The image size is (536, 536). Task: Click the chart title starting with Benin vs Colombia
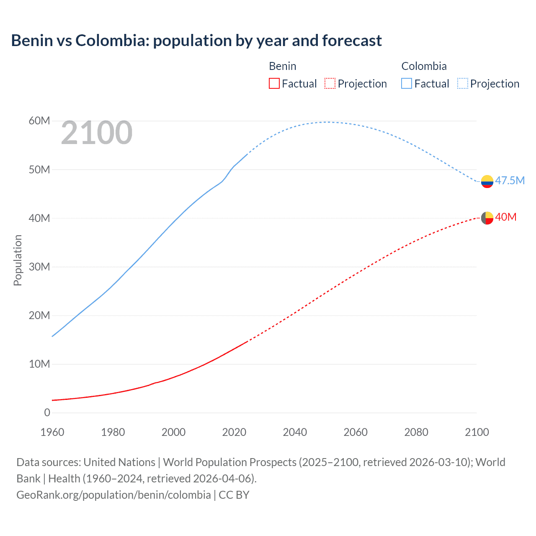196,41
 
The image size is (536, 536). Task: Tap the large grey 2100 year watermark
97,133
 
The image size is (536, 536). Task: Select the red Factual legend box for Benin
274,84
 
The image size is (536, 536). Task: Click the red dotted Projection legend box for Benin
330,84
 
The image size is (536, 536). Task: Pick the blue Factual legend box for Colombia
406,84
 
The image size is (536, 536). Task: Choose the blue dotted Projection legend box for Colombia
462,84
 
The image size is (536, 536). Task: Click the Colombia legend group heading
424,66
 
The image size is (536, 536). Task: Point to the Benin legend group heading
282,66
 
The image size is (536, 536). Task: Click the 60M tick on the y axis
39,121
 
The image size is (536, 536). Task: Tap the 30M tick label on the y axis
39,267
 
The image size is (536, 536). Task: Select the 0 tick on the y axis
47,412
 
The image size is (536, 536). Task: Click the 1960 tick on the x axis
52,432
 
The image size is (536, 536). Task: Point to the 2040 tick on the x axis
295,432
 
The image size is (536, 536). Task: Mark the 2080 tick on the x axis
416,432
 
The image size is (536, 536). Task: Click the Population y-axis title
18,260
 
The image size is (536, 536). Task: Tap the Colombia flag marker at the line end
487,181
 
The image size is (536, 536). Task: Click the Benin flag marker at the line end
487,218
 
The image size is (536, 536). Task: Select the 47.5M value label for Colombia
510,180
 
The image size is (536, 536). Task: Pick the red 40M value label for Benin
505,217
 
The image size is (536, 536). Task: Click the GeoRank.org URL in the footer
113,495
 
